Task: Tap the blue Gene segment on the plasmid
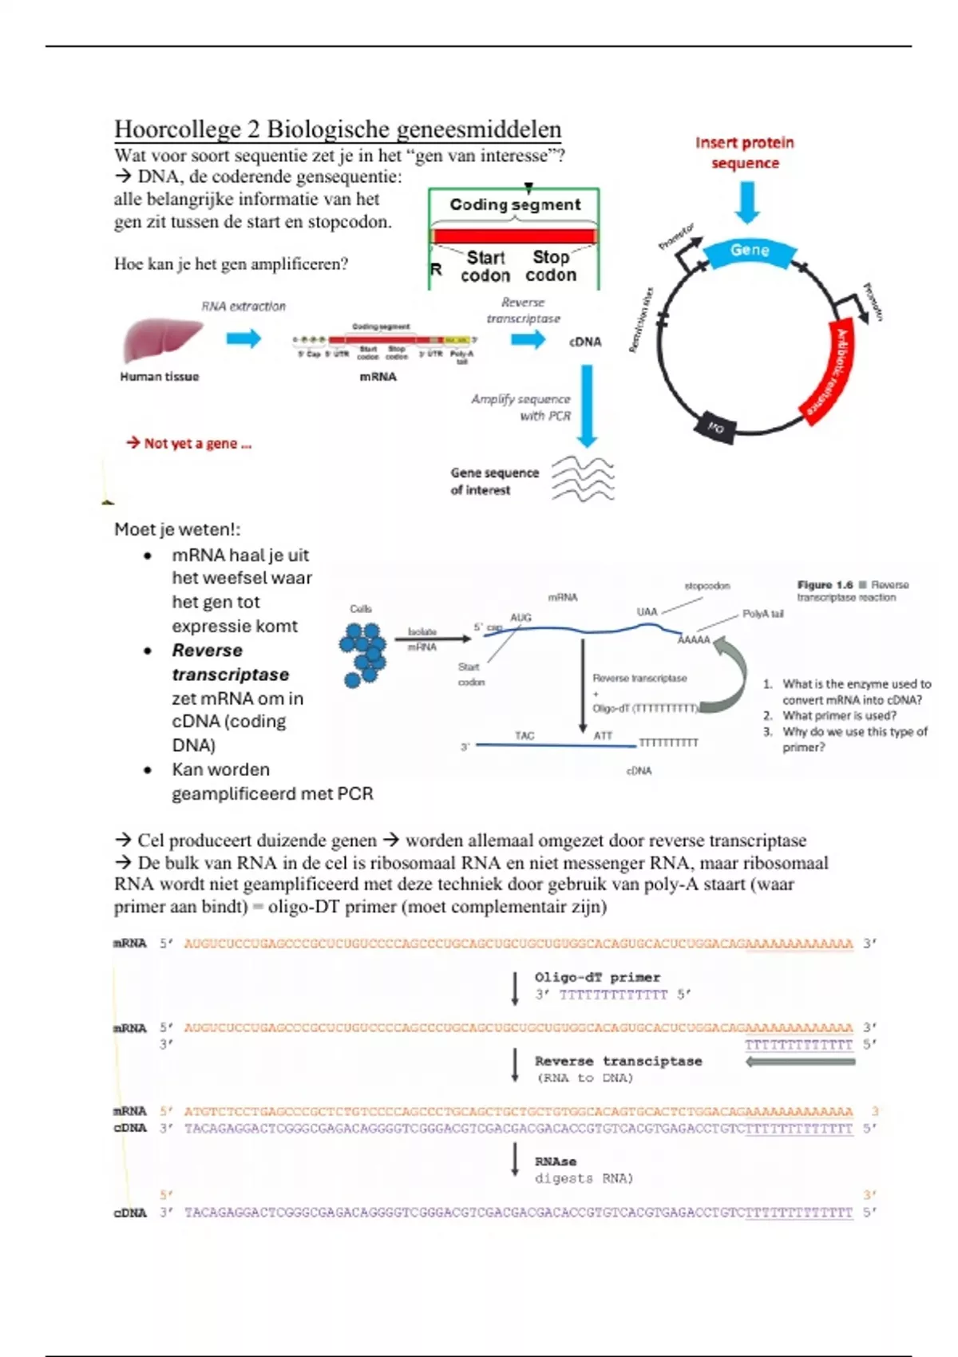click(750, 251)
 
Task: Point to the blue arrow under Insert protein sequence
click(747, 202)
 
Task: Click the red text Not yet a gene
click(189, 443)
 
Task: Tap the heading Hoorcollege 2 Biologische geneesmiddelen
click(338, 129)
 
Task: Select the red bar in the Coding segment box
click(514, 236)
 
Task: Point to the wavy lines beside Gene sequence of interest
click(583, 479)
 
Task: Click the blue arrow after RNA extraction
click(243, 338)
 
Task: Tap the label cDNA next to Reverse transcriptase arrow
click(585, 342)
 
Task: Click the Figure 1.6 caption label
click(825, 585)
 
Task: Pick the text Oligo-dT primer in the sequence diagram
click(597, 977)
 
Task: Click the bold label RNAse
click(556, 1161)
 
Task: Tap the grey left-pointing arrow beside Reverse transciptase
click(800, 1062)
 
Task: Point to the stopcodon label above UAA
click(707, 586)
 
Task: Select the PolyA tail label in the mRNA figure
click(762, 614)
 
